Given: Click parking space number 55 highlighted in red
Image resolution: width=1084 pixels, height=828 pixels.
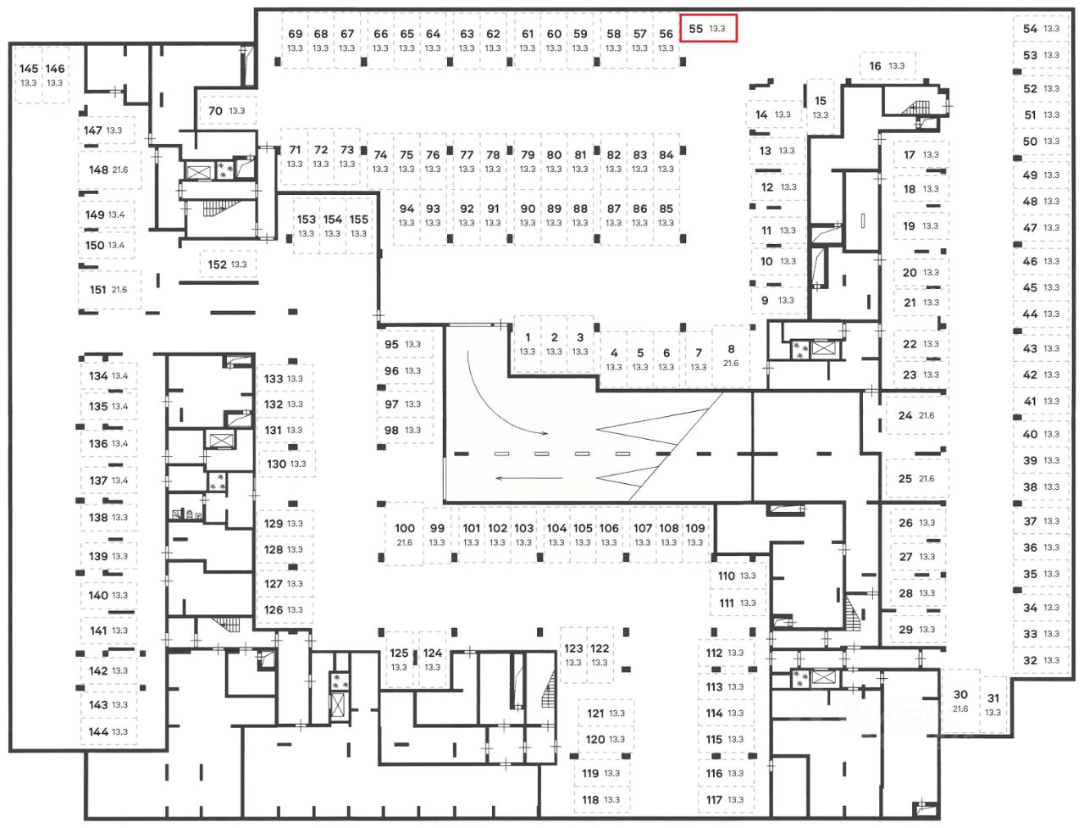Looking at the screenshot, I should click(x=708, y=28).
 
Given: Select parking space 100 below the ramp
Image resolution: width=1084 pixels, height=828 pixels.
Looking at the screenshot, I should click(x=405, y=534).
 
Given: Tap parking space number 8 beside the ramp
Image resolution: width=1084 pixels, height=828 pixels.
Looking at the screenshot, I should click(x=731, y=355).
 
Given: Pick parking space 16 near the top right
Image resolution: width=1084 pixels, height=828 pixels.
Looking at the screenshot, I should click(x=886, y=65).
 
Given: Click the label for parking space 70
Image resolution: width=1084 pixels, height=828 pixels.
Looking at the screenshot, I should click(x=215, y=111).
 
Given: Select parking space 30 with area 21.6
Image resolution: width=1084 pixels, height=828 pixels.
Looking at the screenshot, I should click(x=960, y=701).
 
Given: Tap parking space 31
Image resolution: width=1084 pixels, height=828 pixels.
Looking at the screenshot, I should click(x=993, y=704).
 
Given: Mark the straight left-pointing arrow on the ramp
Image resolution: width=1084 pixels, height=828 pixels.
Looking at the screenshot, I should click(x=529, y=478).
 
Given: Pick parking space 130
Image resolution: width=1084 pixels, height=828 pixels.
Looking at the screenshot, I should click(x=286, y=464).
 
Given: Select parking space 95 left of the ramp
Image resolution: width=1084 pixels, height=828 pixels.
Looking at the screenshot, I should click(x=401, y=344).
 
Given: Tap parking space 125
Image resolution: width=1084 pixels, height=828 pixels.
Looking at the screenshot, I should click(x=399, y=659).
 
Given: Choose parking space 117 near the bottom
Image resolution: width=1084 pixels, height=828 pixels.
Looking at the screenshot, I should click(x=724, y=799).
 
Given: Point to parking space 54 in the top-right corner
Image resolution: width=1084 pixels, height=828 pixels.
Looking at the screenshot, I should click(x=1040, y=29).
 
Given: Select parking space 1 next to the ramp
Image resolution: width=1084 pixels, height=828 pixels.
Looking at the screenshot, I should click(x=528, y=343).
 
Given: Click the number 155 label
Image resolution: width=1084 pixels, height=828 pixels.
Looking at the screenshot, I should click(x=359, y=220).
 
